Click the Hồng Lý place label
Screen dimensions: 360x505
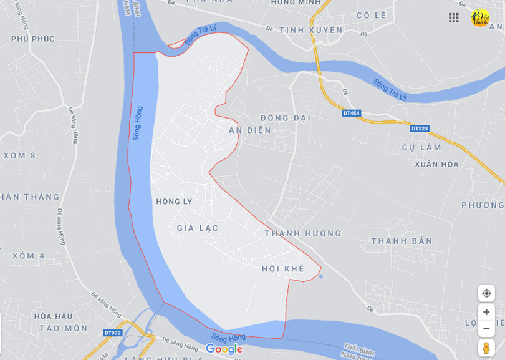point(174,202)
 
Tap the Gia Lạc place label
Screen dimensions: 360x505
point(198,228)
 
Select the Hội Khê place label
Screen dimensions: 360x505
point(283,268)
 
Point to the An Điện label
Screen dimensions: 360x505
point(250,130)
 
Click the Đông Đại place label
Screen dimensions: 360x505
point(285,117)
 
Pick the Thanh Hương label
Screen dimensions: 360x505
point(303,233)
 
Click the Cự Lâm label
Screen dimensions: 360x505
point(421,148)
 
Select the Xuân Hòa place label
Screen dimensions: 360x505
point(436,165)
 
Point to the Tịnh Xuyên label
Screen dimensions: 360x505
point(311,30)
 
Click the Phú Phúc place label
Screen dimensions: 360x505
point(33,39)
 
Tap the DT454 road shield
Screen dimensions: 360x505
point(351,113)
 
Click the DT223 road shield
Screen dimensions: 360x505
point(420,129)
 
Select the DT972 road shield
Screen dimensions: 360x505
point(113,333)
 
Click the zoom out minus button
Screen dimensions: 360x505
point(486,329)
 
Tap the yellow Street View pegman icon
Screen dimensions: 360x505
point(486,348)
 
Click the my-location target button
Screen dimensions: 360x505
point(486,293)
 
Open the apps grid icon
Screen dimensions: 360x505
point(454,17)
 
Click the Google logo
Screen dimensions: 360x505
point(224,349)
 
